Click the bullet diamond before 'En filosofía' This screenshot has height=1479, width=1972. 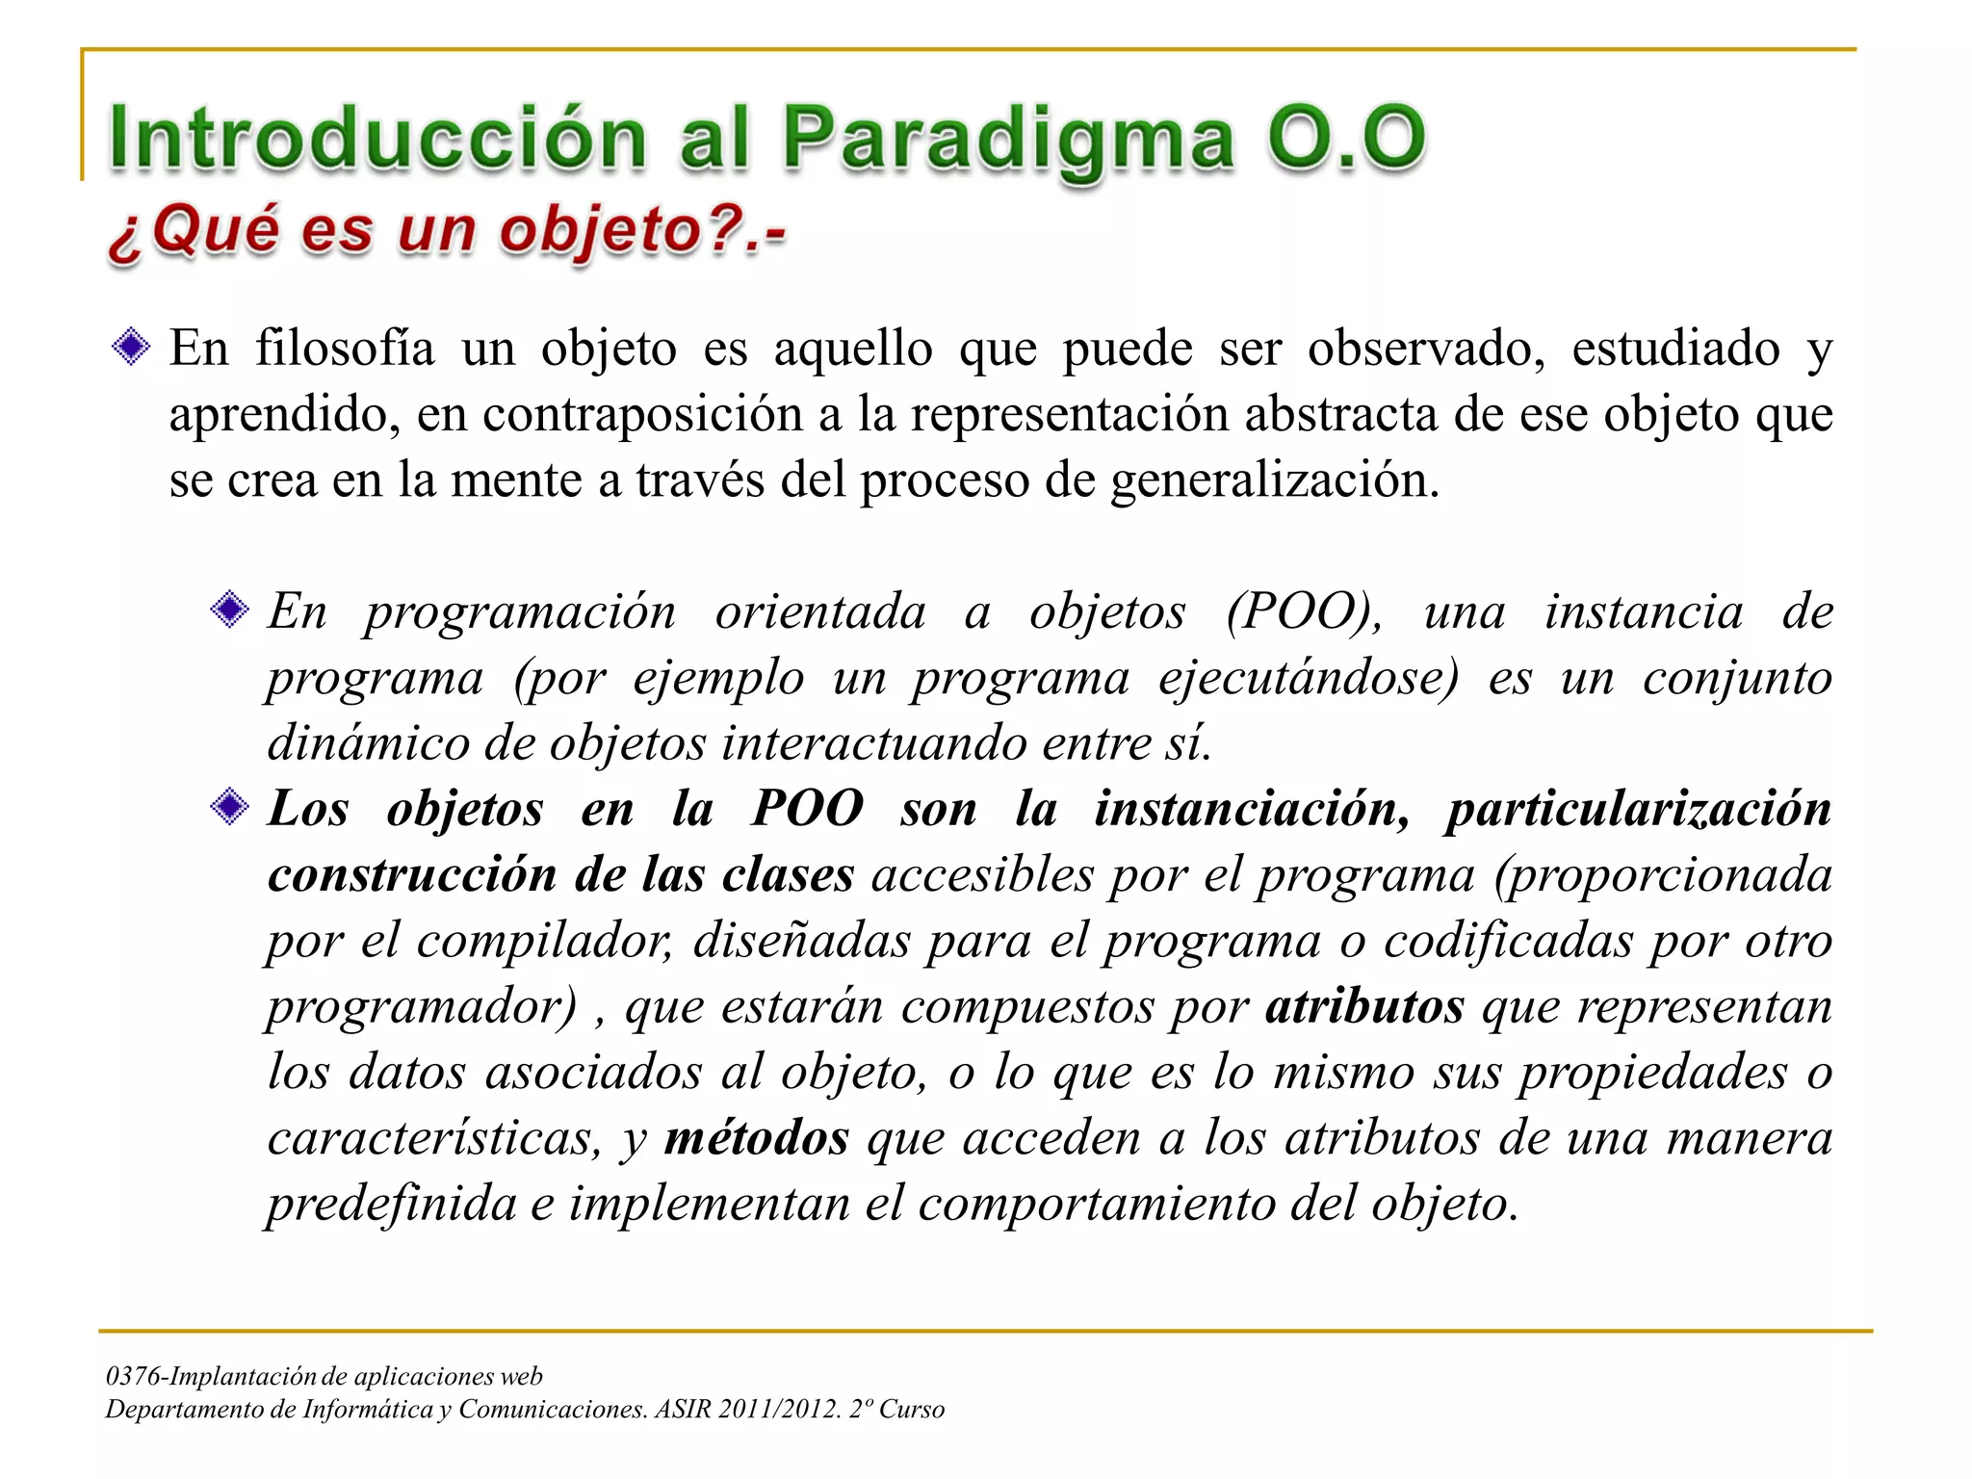(131, 347)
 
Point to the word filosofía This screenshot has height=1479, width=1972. (345, 349)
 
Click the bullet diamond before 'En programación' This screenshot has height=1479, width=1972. (229, 610)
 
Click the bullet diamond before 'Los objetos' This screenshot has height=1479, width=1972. (229, 807)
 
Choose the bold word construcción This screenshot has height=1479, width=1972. (412, 875)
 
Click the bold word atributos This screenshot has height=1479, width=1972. (1364, 1007)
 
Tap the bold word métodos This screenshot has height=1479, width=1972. (757, 1138)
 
